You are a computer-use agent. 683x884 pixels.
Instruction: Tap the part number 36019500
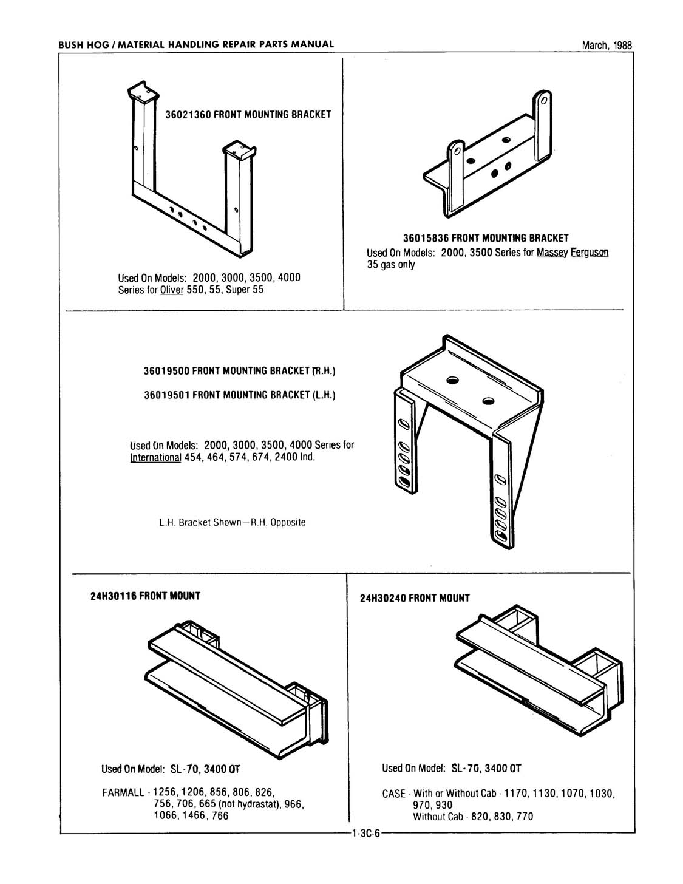(167, 370)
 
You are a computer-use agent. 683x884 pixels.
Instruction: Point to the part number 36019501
(167, 395)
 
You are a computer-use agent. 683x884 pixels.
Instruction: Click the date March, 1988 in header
(607, 45)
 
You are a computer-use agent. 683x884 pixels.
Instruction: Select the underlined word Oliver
(172, 290)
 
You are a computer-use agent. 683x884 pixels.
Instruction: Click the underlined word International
(156, 457)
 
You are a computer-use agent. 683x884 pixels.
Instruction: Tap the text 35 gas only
(390, 265)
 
